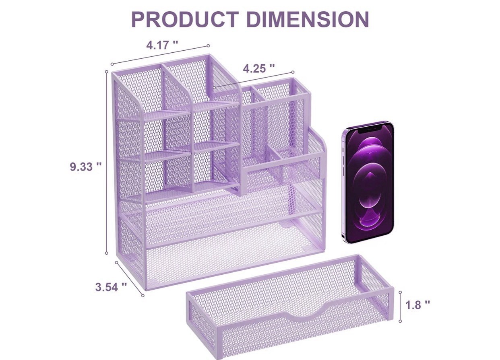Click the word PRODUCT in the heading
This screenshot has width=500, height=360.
point(185,19)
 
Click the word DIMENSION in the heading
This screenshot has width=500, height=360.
point(308,19)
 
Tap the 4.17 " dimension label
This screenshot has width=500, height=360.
point(162,45)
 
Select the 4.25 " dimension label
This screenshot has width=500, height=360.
point(258,68)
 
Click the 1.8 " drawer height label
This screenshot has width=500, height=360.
point(417,305)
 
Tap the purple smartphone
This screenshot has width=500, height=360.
point(368,182)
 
